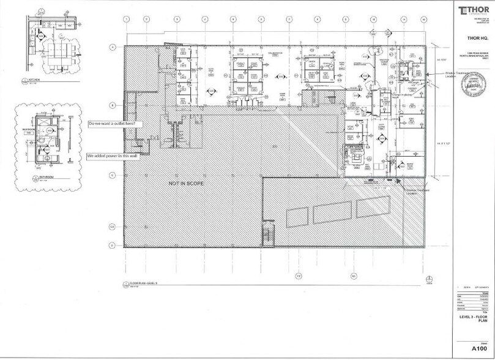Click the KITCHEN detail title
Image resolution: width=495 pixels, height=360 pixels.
(33, 80)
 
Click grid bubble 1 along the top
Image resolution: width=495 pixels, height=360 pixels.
(125, 20)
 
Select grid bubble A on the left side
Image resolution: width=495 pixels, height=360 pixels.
(113, 47)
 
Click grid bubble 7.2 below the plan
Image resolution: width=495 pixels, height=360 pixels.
(299, 276)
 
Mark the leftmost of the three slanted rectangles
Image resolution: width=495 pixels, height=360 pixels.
(297, 217)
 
